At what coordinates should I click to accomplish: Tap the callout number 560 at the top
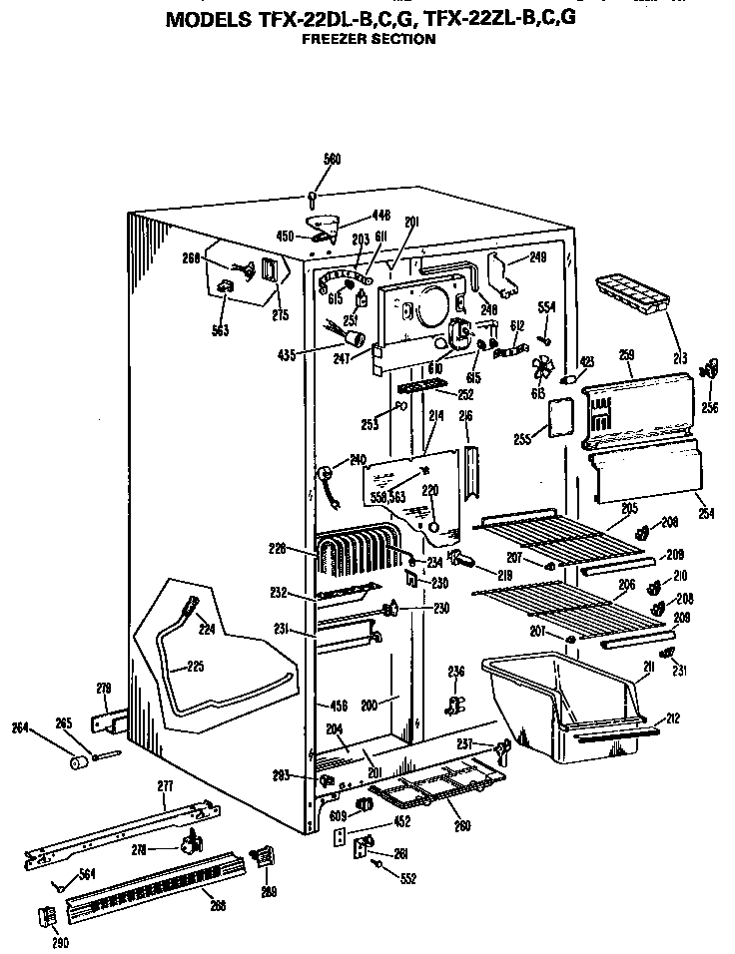click(x=332, y=159)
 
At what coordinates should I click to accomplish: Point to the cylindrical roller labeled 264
click(x=74, y=763)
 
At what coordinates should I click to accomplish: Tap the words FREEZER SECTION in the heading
click(x=368, y=39)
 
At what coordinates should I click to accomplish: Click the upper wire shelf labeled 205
click(x=559, y=538)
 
